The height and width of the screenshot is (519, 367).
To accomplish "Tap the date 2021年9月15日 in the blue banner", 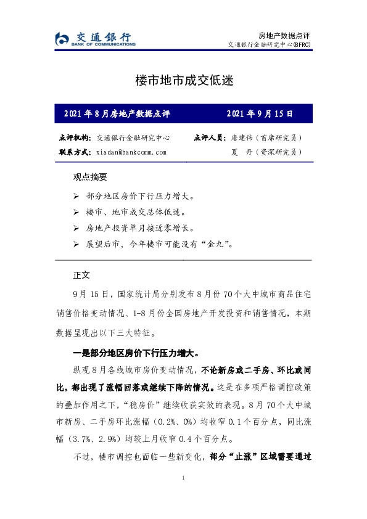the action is pyautogui.click(x=260, y=114).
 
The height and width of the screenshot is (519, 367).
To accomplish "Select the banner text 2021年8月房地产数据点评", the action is pyautogui.click(x=117, y=114).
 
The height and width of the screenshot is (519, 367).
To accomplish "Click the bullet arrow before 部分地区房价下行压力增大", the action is pyautogui.click(x=76, y=197).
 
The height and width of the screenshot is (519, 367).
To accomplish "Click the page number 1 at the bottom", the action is pyautogui.click(x=183, y=479).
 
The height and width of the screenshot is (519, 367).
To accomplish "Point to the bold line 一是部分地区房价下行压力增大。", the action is pyautogui.click(x=136, y=354).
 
